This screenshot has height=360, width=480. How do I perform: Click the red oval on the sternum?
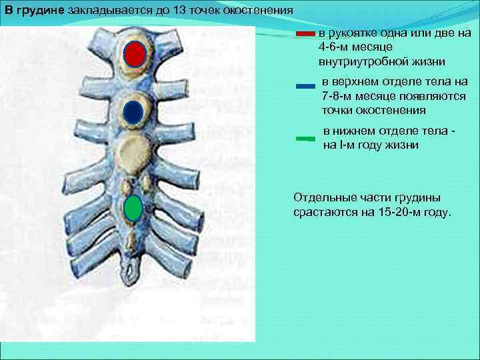click(135, 55)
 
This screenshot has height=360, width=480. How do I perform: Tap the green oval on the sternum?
click(133, 208)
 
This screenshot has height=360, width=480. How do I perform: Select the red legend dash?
click(305, 33)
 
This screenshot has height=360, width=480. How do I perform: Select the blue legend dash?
click(305, 86)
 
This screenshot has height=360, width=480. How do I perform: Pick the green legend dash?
click(305, 139)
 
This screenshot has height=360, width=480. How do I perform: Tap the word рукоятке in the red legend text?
click(354, 33)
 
